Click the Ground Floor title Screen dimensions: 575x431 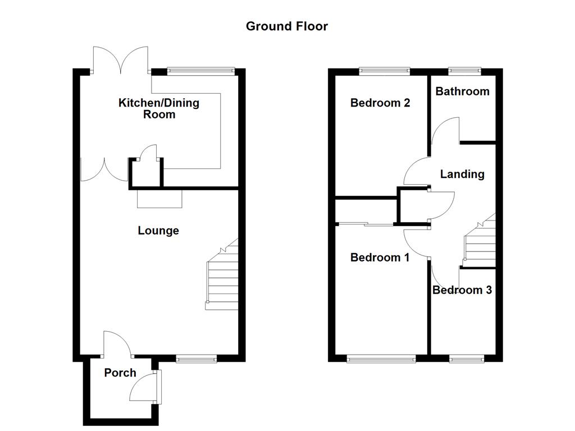[287, 26]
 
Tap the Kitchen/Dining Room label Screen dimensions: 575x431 [159, 108]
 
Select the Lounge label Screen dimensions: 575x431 [158, 231]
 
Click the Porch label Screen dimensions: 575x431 [120, 373]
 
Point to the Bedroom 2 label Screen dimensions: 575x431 [380, 103]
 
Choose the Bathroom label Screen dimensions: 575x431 [463, 91]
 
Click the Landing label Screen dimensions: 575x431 [462, 174]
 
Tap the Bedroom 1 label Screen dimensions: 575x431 [380, 257]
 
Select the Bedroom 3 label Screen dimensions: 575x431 [462, 290]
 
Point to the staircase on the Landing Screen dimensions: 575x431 [480, 240]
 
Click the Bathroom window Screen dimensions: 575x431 [464, 71]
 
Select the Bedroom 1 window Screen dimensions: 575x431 [381, 359]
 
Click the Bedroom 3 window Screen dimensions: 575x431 [467, 359]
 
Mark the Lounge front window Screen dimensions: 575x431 [196, 359]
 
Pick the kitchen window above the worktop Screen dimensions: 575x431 [200, 71]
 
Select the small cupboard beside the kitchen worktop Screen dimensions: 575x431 [146, 173]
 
